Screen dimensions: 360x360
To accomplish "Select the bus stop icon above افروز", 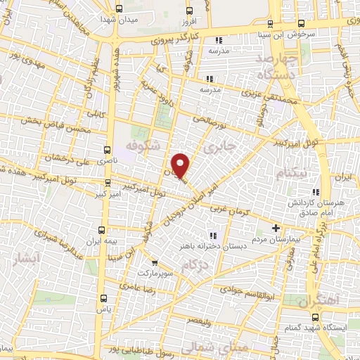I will (x=189, y=10).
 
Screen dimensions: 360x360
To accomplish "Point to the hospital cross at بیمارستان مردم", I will (x=276, y=228).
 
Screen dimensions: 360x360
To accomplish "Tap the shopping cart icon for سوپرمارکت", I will (x=154, y=262).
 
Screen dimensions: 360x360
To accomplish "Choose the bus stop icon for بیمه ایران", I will (x=101, y=230).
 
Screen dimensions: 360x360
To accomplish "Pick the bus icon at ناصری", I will (x=108, y=149).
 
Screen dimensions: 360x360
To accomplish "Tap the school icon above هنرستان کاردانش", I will (x=316, y=191).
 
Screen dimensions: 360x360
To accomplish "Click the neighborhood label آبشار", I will (x=27, y=259).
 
